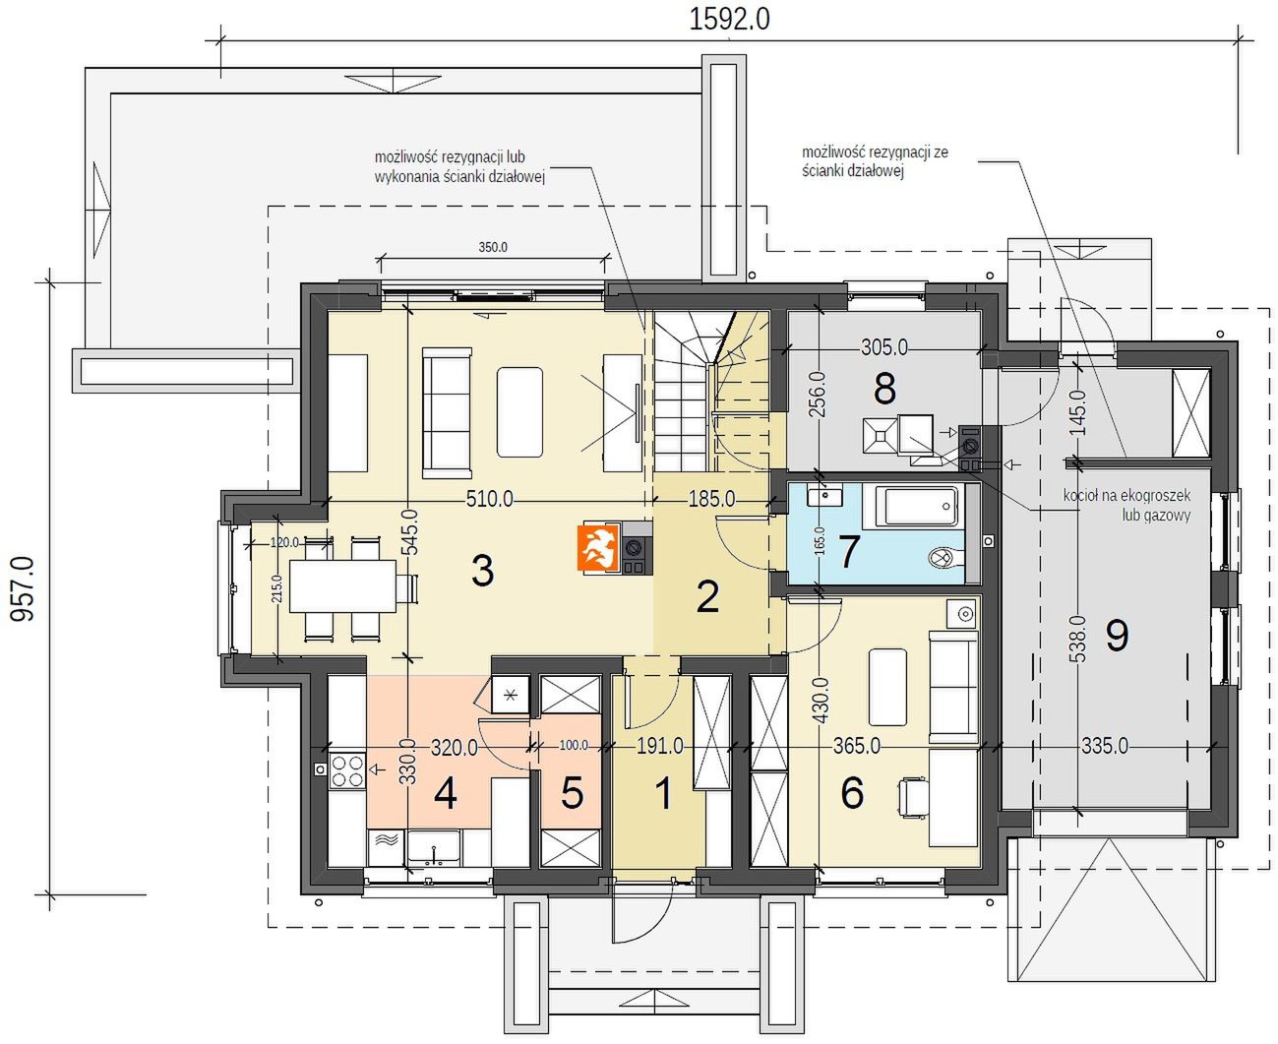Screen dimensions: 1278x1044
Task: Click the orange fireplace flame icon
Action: (597, 548)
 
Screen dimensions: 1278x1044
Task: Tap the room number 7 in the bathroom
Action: (848, 551)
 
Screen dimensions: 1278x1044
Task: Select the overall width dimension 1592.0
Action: (730, 20)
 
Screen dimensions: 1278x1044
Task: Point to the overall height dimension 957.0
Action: (23, 589)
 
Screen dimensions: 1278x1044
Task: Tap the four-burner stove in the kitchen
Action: (347, 770)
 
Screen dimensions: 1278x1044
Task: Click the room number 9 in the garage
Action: (1117, 637)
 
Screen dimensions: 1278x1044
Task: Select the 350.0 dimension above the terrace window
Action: (493, 247)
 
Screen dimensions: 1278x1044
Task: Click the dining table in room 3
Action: (343, 585)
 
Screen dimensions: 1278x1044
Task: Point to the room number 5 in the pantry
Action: (572, 793)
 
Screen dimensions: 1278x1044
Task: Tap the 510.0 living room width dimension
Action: (490, 499)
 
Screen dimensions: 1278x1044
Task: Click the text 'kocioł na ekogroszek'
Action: (1126, 496)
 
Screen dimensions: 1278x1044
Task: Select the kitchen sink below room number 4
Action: (433, 848)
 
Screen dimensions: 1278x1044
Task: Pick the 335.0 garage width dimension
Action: (1105, 746)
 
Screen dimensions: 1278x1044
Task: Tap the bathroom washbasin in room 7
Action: (824, 496)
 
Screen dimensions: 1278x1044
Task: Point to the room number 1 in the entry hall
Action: (664, 794)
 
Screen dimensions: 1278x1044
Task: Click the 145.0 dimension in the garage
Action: (1077, 412)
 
